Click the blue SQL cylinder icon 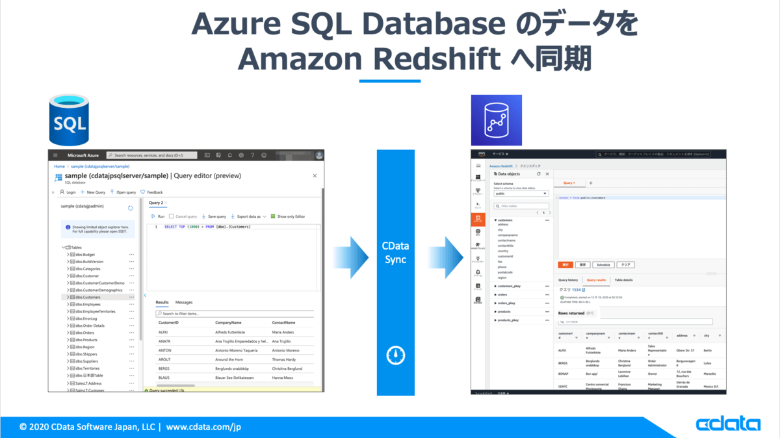(73, 121)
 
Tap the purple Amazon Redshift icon (496, 120)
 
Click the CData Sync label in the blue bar (395, 253)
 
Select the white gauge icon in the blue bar (395, 355)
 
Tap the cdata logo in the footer (728, 425)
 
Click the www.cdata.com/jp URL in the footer (203, 427)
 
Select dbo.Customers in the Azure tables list (88, 297)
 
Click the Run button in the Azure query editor (158, 216)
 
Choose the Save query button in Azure (214, 216)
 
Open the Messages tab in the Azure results (184, 302)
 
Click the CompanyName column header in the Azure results (228, 322)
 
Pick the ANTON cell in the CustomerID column (165, 350)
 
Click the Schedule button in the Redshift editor (603, 265)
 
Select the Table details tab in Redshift (623, 280)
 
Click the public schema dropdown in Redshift (521, 193)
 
